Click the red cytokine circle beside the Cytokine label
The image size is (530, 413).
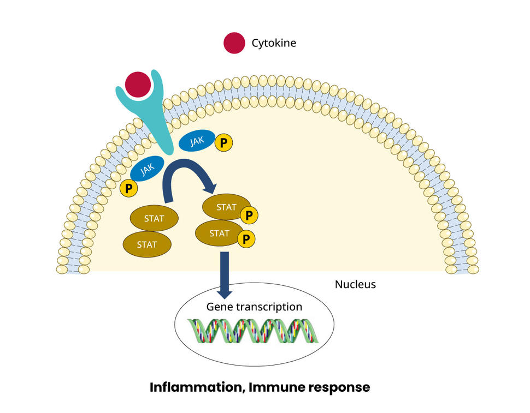pyautogui.click(x=234, y=43)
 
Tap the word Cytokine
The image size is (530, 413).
pyautogui.click(x=273, y=43)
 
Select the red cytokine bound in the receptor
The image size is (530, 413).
pyautogui.click(x=137, y=84)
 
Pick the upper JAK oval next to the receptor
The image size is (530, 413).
pyautogui.click(x=197, y=141)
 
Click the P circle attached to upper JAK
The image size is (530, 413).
pyautogui.click(x=223, y=143)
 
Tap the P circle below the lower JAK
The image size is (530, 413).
pyautogui.click(x=129, y=189)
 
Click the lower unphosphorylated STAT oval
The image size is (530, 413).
pyautogui.click(x=147, y=244)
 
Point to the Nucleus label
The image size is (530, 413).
pyautogui.click(x=355, y=284)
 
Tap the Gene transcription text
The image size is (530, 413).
pyautogui.click(x=254, y=307)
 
